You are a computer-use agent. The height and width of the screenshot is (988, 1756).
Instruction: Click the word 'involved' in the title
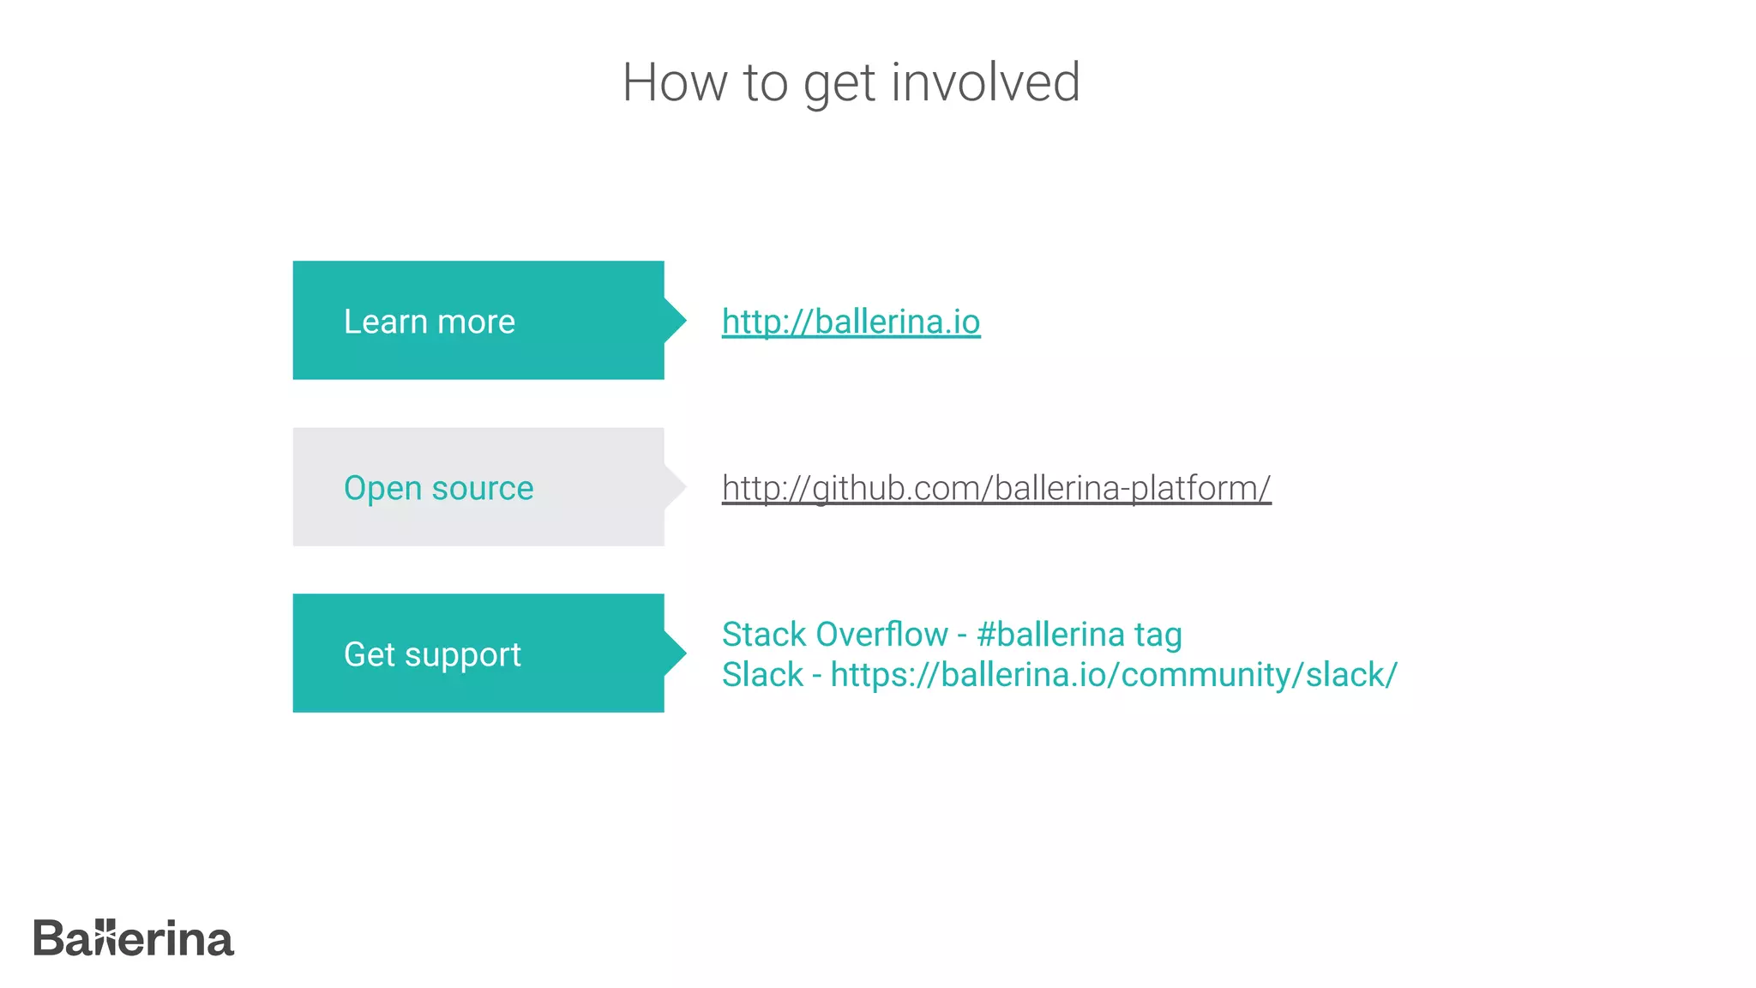(985, 82)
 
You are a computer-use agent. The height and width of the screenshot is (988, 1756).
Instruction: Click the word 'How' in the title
(675, 82)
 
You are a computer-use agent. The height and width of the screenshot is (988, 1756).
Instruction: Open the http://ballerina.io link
(851, 322)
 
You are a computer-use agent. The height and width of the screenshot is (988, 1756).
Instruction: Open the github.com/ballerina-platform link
(995, 488)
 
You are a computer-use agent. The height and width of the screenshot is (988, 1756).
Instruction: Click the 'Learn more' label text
(429, 322)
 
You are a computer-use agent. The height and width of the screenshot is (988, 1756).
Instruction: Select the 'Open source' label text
(438, 488)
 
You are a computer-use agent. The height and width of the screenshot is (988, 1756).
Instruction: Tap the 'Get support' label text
(432, 654)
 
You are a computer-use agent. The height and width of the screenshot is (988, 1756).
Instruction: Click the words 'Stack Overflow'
(834, 635)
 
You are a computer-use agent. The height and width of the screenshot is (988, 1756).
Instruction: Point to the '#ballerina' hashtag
(1049, 635)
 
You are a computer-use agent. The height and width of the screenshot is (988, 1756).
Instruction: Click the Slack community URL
(1113, 675)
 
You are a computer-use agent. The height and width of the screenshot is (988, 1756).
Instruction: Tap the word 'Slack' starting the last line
(762, 675)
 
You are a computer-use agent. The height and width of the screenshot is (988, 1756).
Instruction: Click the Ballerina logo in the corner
(134, 938)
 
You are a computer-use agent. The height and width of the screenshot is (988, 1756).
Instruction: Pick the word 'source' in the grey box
(482, 488)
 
